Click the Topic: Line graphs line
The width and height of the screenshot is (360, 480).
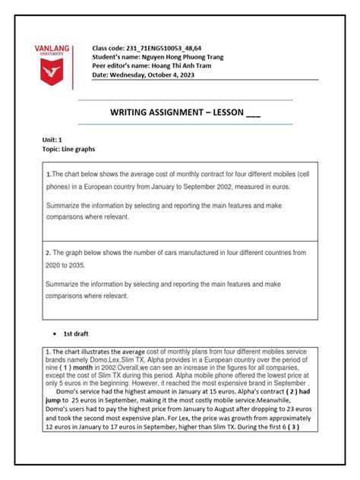point(69,150)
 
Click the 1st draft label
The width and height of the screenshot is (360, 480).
point(76,333)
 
